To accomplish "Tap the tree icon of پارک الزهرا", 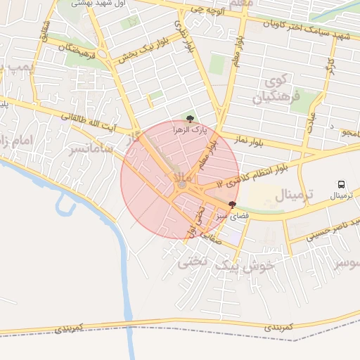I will tap(188, 118).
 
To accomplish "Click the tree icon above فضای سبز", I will tap(232, 204).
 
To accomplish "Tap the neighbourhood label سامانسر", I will tap(89, 148).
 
